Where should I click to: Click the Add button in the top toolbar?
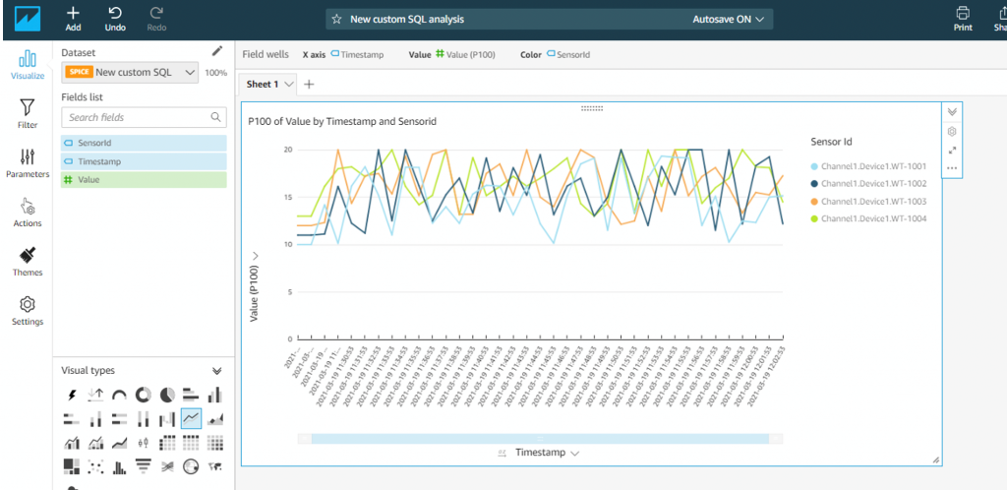[73, 18]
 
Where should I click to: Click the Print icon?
[963, 18]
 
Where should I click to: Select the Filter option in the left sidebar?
[28, 113]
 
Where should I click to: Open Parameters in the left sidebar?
[28, 162]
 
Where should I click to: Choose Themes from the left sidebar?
[28, 261]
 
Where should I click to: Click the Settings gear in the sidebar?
[28, 310]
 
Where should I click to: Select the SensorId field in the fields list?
[94, 143]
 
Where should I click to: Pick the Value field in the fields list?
[89, 180]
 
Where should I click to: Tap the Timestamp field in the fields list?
[99, 161]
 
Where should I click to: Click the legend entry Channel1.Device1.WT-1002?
[873, 183]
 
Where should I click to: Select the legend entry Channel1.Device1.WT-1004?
[873, 218]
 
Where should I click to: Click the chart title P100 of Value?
[342, 121]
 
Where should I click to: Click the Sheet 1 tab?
[263, 85]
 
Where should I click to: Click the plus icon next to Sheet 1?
[309, 85]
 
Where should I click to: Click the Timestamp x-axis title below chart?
[540, 453]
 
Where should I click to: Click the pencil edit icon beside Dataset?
[217, 51]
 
